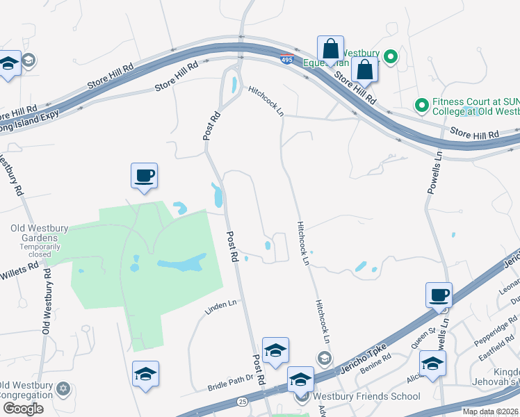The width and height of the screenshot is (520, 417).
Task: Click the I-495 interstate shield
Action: click(x=286, y=58)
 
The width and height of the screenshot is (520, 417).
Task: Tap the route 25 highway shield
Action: click(x=242, y=401)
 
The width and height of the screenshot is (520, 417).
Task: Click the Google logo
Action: click(x=23, y=408)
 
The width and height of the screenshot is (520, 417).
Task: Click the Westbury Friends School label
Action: click(x=366, y=396)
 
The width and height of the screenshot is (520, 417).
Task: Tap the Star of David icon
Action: click(x=63, y=388)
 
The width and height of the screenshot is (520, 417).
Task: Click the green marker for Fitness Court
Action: click(x=421, y=106)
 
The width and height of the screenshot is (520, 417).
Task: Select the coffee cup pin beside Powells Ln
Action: click(x=439, y=295)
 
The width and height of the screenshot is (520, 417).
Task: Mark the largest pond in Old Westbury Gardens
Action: click(x=182, y=263)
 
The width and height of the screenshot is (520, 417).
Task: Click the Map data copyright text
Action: click(x=490, y=411)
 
